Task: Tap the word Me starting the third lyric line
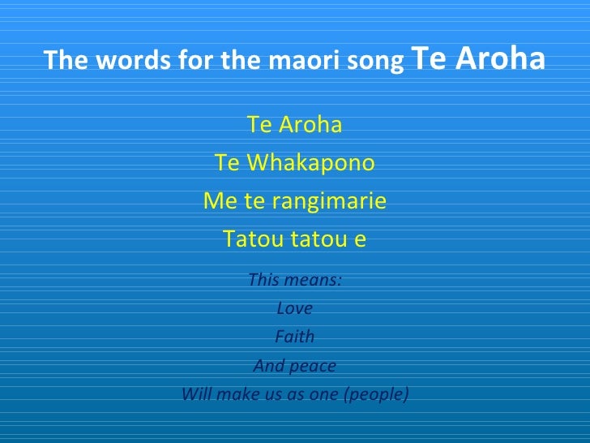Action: (216, 201)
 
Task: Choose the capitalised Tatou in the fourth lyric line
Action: (248, 239)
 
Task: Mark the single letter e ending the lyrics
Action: (361, 240)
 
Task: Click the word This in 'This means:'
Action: (263, 280)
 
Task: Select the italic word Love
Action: (295, 308)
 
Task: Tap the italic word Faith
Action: (295, 337)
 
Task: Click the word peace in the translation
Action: (313, 366)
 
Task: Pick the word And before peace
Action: (269, 366)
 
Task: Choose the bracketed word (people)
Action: (378, 395)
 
